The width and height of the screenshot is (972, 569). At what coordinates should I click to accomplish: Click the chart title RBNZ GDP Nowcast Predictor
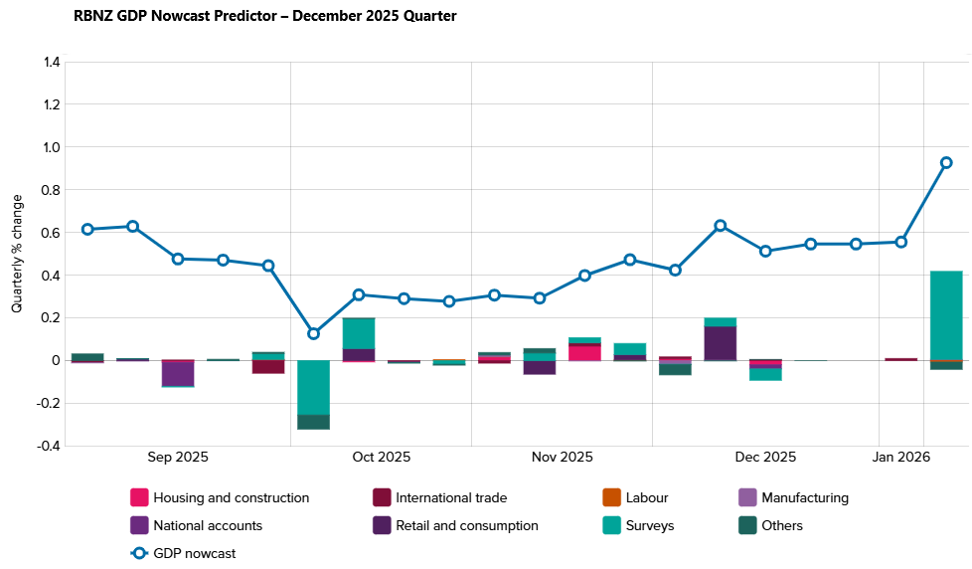265,16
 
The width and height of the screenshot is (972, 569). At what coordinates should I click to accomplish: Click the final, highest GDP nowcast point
946,162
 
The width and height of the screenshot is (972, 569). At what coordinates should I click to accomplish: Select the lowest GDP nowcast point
314,333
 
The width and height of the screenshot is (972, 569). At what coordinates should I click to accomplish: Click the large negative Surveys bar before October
314,387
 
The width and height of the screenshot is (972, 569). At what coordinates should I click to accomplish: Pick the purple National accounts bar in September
178,372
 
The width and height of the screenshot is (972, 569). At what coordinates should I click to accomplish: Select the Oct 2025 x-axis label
382,458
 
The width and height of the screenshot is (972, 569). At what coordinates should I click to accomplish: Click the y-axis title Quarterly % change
17,254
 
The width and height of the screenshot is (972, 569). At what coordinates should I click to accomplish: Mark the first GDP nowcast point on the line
87,229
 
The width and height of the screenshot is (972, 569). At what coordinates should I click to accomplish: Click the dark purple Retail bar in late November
721,342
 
